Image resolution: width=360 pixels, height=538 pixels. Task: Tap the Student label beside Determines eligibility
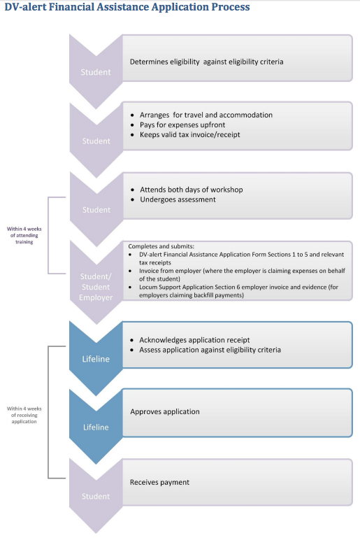[x=96, y=72]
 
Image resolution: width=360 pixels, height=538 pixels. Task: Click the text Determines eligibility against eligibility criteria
[x=206, y=62]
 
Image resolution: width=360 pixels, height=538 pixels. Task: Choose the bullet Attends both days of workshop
[x=191, y=190]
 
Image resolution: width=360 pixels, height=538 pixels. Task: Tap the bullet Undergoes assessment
[x=178, y=199]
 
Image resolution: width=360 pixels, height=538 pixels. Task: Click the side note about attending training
[x=24, y=235]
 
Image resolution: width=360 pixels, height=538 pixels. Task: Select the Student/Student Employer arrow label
[x=96, y=287]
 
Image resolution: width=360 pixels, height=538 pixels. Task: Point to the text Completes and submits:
[x=153, y=246]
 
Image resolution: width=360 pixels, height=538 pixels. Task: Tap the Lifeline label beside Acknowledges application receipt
[x=96, y=359]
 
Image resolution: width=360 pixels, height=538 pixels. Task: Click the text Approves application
[x=164, y=411]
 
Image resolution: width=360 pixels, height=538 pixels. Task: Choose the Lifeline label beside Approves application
[x=96, y=427]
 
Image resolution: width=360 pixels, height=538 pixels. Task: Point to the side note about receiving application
[x=24, y=415]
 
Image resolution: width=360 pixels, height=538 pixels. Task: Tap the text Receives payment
[x=159, y=482]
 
